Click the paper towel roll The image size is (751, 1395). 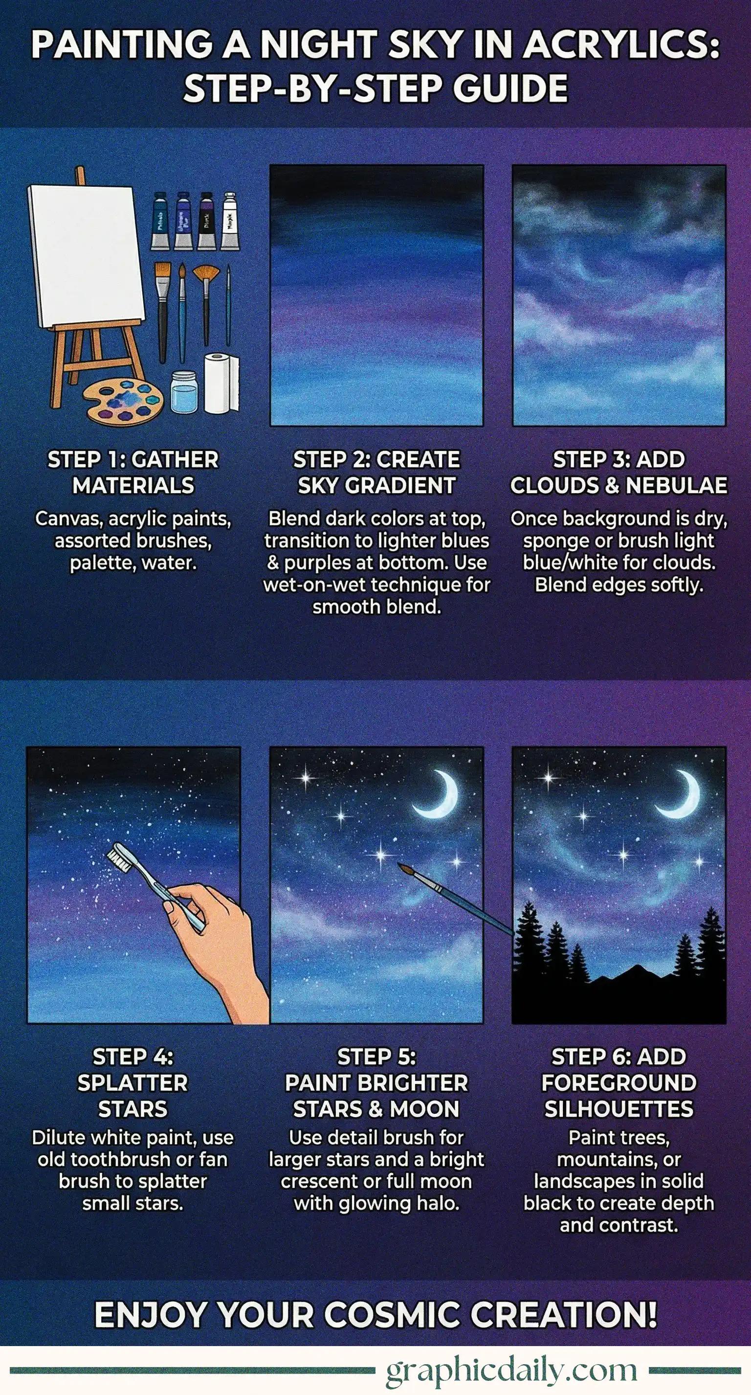click(221, 383)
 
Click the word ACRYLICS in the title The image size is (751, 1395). click(620, 45)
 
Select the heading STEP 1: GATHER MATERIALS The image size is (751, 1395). click(133, 472)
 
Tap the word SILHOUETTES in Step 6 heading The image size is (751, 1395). click(619, 1109)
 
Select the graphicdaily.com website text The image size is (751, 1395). click(512, 1370)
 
